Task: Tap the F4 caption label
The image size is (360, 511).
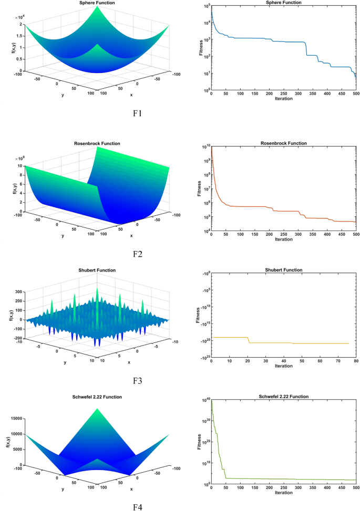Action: click(x=138, y=506)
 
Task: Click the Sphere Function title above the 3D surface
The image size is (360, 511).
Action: click(x=97, y=3)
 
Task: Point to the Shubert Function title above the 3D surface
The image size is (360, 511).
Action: click(x=97, y=270)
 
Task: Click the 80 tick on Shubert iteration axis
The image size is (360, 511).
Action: click(x=356, y=361)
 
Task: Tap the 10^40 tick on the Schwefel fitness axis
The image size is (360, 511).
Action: click(x=205, y=400)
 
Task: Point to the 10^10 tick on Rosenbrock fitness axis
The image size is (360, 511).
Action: click(x=205, y=147)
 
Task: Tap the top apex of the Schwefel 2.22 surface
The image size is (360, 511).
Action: click(x=97, y=408)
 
